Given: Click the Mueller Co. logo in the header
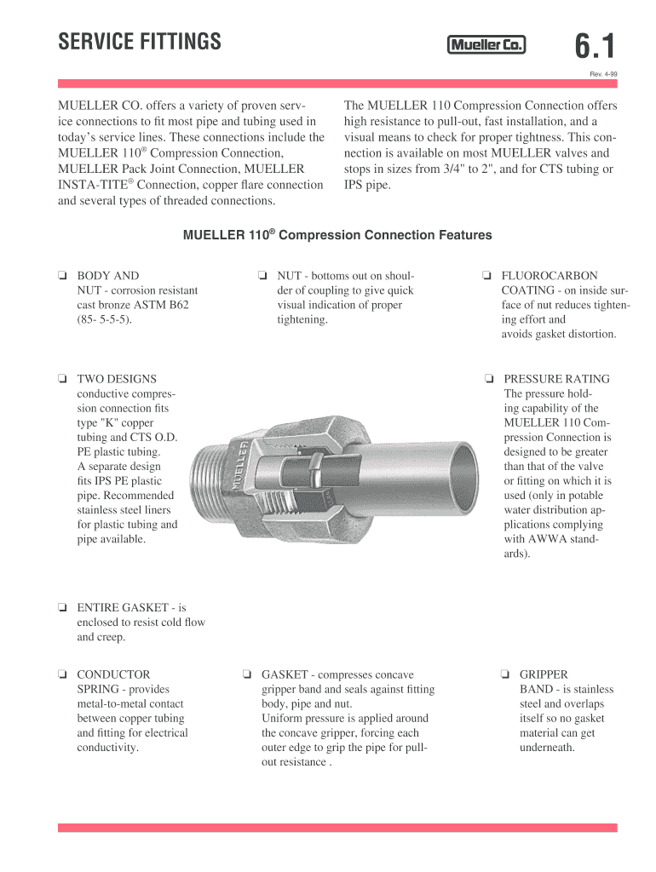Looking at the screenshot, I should tap(486, 46).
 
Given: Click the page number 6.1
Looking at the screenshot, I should tap(595, 46).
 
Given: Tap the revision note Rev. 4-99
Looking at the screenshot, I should tap(603, 74).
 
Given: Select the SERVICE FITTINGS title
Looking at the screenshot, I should tap(139, 41).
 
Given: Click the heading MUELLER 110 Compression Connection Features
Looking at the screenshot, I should tap(337, 235).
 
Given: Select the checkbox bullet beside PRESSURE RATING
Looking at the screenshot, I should tap(489, 379).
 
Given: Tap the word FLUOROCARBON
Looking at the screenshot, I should tap(550, 276).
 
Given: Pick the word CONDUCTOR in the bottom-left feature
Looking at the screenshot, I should tap(113, 674).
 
